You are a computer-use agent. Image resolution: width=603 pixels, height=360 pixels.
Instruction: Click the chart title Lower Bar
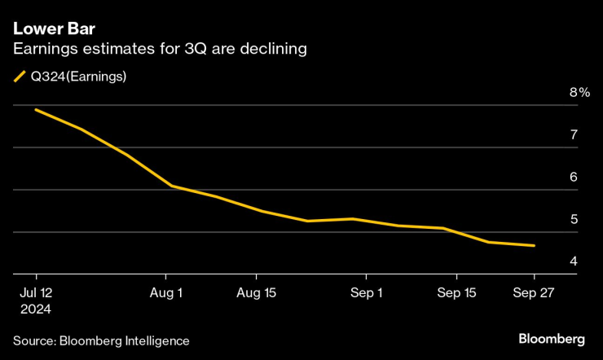53,30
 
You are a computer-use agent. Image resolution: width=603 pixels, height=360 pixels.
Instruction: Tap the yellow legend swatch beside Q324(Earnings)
20,77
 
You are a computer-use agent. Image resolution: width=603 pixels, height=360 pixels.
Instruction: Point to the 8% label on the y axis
579,93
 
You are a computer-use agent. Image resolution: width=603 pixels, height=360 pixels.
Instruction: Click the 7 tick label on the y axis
574,135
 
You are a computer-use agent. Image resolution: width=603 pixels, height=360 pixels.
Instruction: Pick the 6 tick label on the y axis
574,178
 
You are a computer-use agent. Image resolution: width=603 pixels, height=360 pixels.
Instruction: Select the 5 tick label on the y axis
574,220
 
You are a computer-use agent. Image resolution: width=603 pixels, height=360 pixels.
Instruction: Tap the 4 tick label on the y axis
574,262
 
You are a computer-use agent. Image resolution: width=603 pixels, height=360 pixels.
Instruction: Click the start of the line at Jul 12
36,109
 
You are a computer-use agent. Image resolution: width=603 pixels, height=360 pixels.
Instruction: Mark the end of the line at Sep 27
535,245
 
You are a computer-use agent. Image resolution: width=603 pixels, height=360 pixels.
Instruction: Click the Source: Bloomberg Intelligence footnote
101,340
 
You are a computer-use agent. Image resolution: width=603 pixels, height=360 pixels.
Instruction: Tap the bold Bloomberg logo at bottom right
552,338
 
